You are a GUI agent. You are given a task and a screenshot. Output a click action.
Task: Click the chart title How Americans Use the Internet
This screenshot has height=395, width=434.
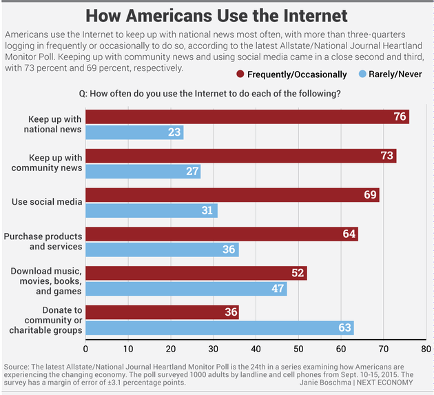216,15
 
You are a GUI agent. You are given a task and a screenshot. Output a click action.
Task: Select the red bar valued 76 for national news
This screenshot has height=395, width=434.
247,117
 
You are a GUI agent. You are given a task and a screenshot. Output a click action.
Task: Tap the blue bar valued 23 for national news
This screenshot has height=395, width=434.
134,132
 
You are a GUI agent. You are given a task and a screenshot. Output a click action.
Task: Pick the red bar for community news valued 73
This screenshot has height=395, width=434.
240,156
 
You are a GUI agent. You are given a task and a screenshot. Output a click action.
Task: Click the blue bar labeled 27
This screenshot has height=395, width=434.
143,172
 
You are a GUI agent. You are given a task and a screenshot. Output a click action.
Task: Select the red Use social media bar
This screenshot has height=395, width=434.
231,195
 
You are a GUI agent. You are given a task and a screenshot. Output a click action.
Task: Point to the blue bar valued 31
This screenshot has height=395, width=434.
151,210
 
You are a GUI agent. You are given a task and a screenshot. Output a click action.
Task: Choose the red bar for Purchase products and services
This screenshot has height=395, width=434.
221,234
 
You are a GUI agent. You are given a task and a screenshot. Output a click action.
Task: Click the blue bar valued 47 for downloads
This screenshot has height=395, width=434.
185,288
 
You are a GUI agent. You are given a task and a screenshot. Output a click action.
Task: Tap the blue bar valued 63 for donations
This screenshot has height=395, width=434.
219,327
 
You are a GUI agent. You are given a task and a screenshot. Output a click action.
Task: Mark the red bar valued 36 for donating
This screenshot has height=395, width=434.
161,312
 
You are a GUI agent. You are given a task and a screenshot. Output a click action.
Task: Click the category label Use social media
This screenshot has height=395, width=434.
47,202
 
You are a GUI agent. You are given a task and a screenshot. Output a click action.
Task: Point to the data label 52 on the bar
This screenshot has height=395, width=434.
298,273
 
